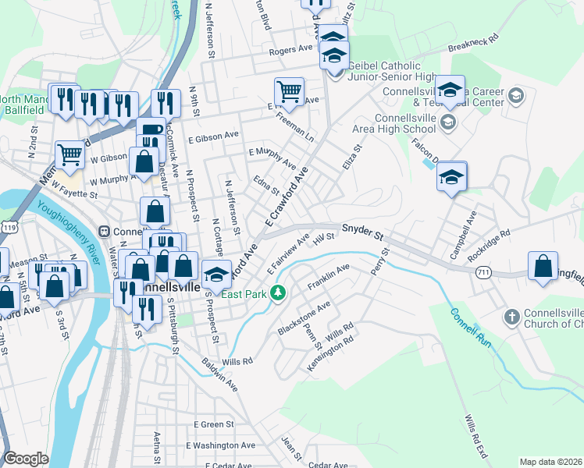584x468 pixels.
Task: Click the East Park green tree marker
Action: coord(276,294)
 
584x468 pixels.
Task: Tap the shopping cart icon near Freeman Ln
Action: coord(289,91)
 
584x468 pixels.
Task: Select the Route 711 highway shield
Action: coord(482,271)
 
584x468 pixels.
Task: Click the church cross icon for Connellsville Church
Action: coord(511,317)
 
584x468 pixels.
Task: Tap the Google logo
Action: coord(26,459)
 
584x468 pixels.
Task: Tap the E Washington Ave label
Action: coord(221,445)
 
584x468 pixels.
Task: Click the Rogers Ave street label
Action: coord(290,49)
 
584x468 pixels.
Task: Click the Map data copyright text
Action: coord(550,462)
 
